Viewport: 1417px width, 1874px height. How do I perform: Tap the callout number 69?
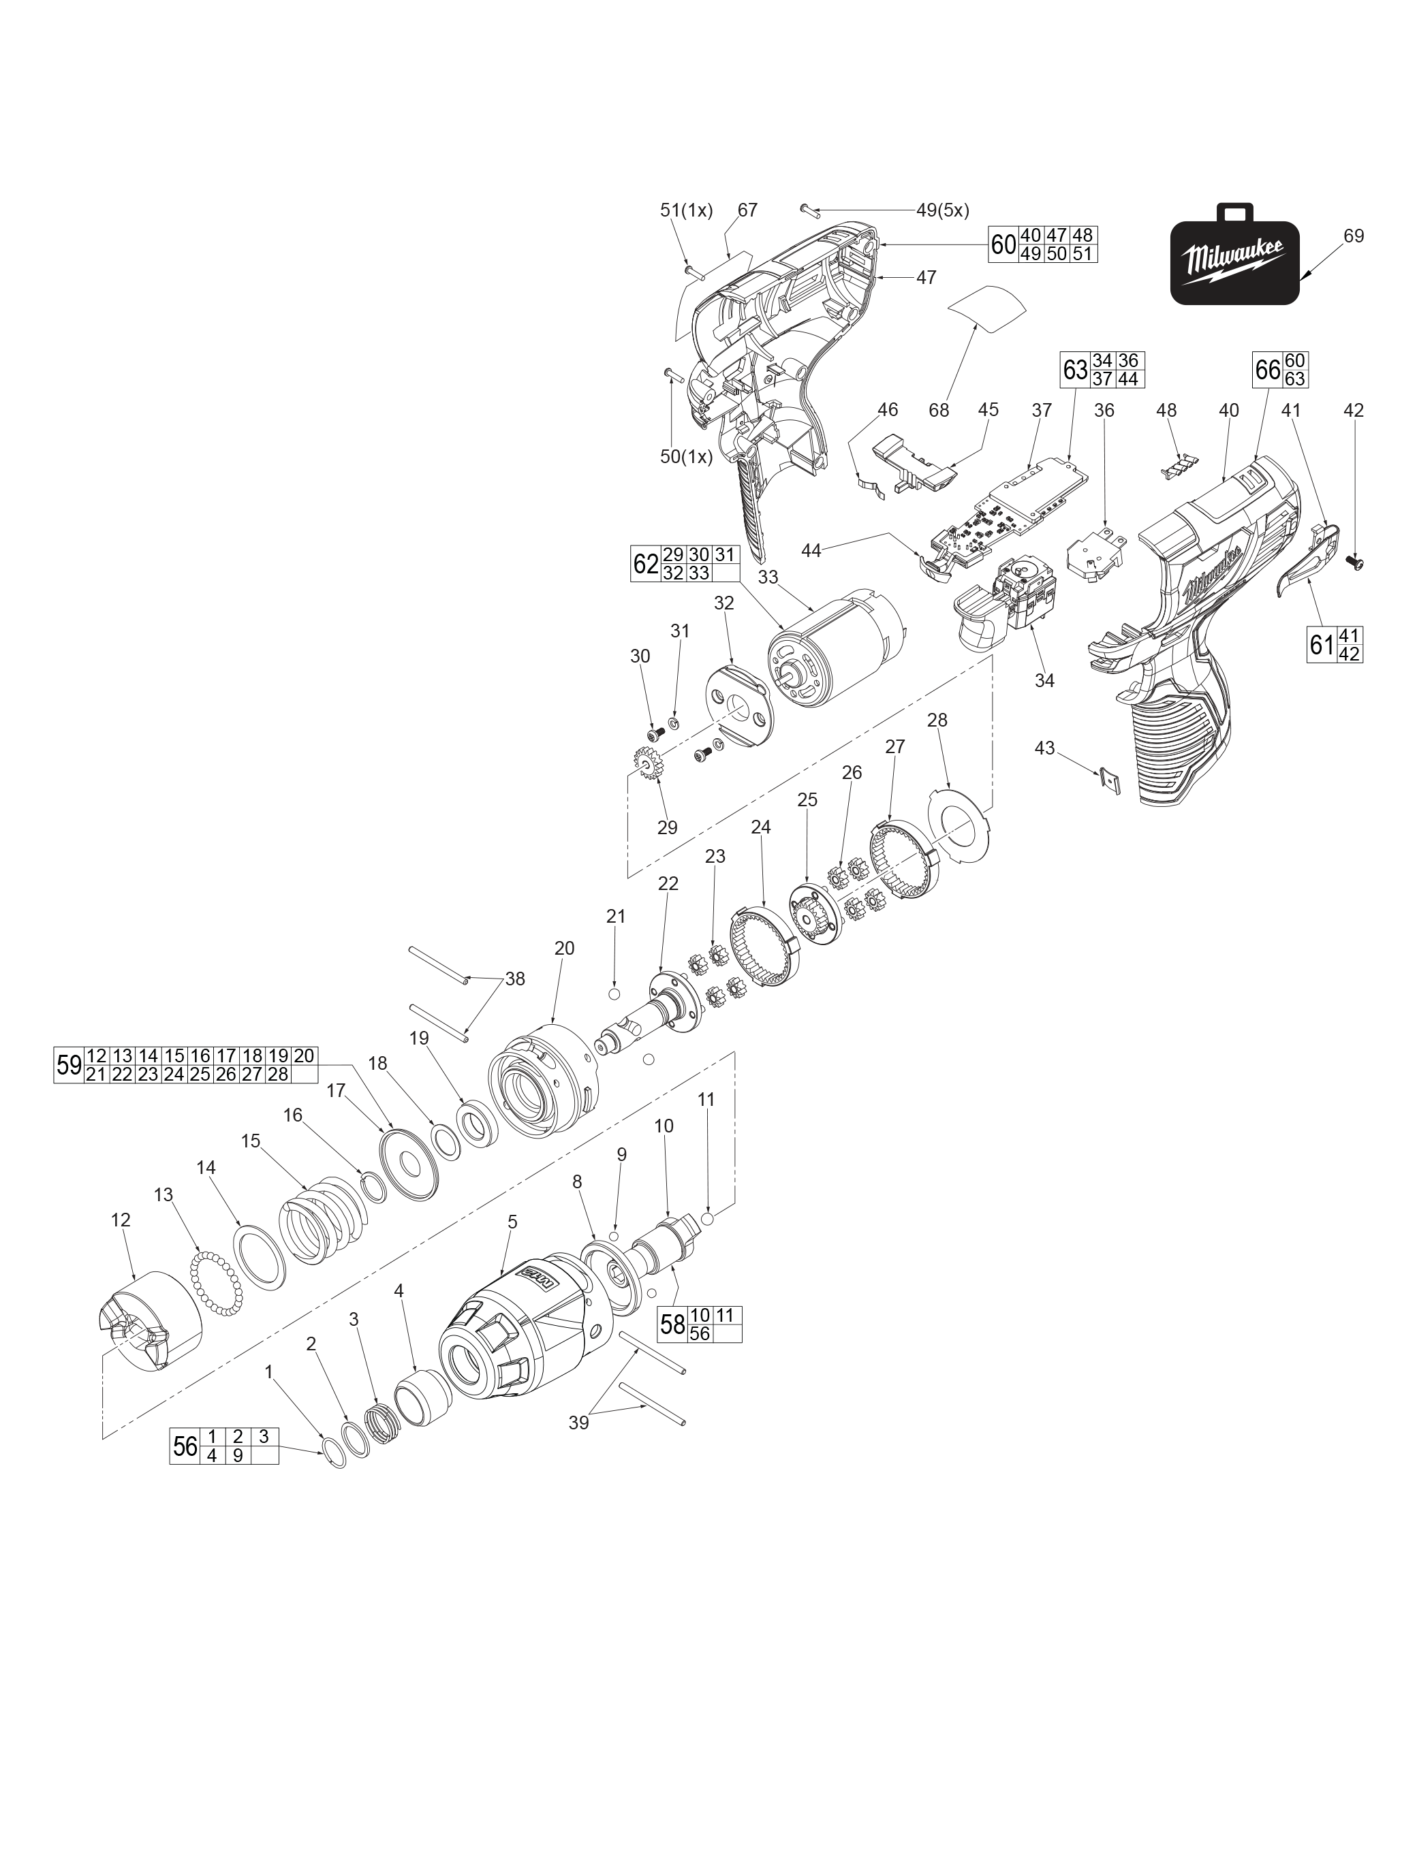1354,236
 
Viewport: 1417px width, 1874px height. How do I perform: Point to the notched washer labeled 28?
959,823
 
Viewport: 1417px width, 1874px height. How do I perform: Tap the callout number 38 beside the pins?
514,979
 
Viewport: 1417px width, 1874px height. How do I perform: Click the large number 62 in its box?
645,563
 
